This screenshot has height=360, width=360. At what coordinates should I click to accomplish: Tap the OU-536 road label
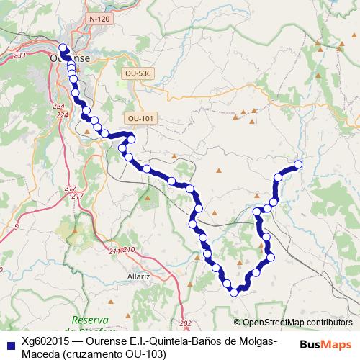(x=139, y=73)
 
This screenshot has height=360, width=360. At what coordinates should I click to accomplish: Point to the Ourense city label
(x=70, y=58)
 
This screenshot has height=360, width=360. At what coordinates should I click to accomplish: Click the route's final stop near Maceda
(x=297, y=165)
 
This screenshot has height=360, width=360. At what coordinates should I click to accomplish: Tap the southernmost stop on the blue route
(x=233, y=292)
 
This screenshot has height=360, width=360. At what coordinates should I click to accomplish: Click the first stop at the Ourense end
(x=62, y=48)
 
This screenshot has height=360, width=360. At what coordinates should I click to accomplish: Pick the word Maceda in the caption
(x=42, y=354)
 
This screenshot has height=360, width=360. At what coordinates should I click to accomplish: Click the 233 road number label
(x=19, y=55)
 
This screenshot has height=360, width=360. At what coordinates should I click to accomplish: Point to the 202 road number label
(x=186, y=323)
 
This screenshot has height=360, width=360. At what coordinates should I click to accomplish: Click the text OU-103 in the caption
(x=145, y=354)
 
